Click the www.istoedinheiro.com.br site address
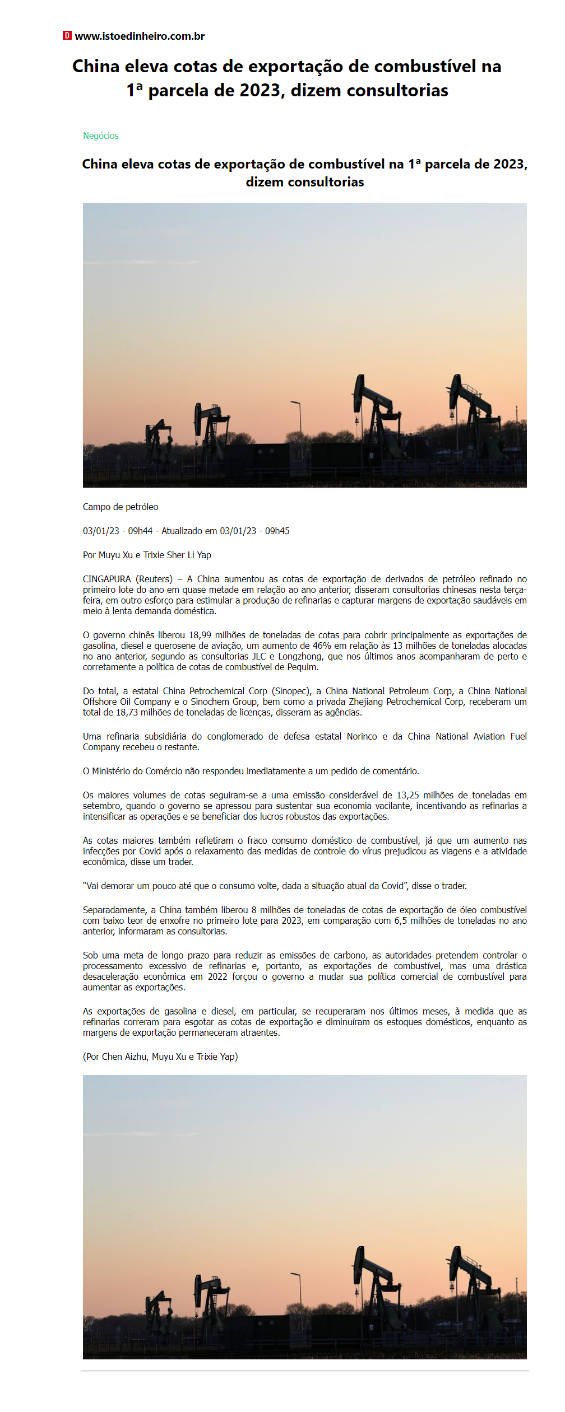[x=140, y=36]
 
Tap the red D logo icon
[x=67, y=36]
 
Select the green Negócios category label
[x=101, y=136]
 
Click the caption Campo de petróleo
[x=121, y=507]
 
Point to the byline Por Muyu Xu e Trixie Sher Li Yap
[x=147, y=555]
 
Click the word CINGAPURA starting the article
[x=106, y=579]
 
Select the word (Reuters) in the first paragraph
[x=154, y=579]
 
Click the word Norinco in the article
[x=362, y=737]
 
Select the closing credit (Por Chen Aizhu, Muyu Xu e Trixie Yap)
[x=160, y=1057]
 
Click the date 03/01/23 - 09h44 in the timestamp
[x=118, y=531]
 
